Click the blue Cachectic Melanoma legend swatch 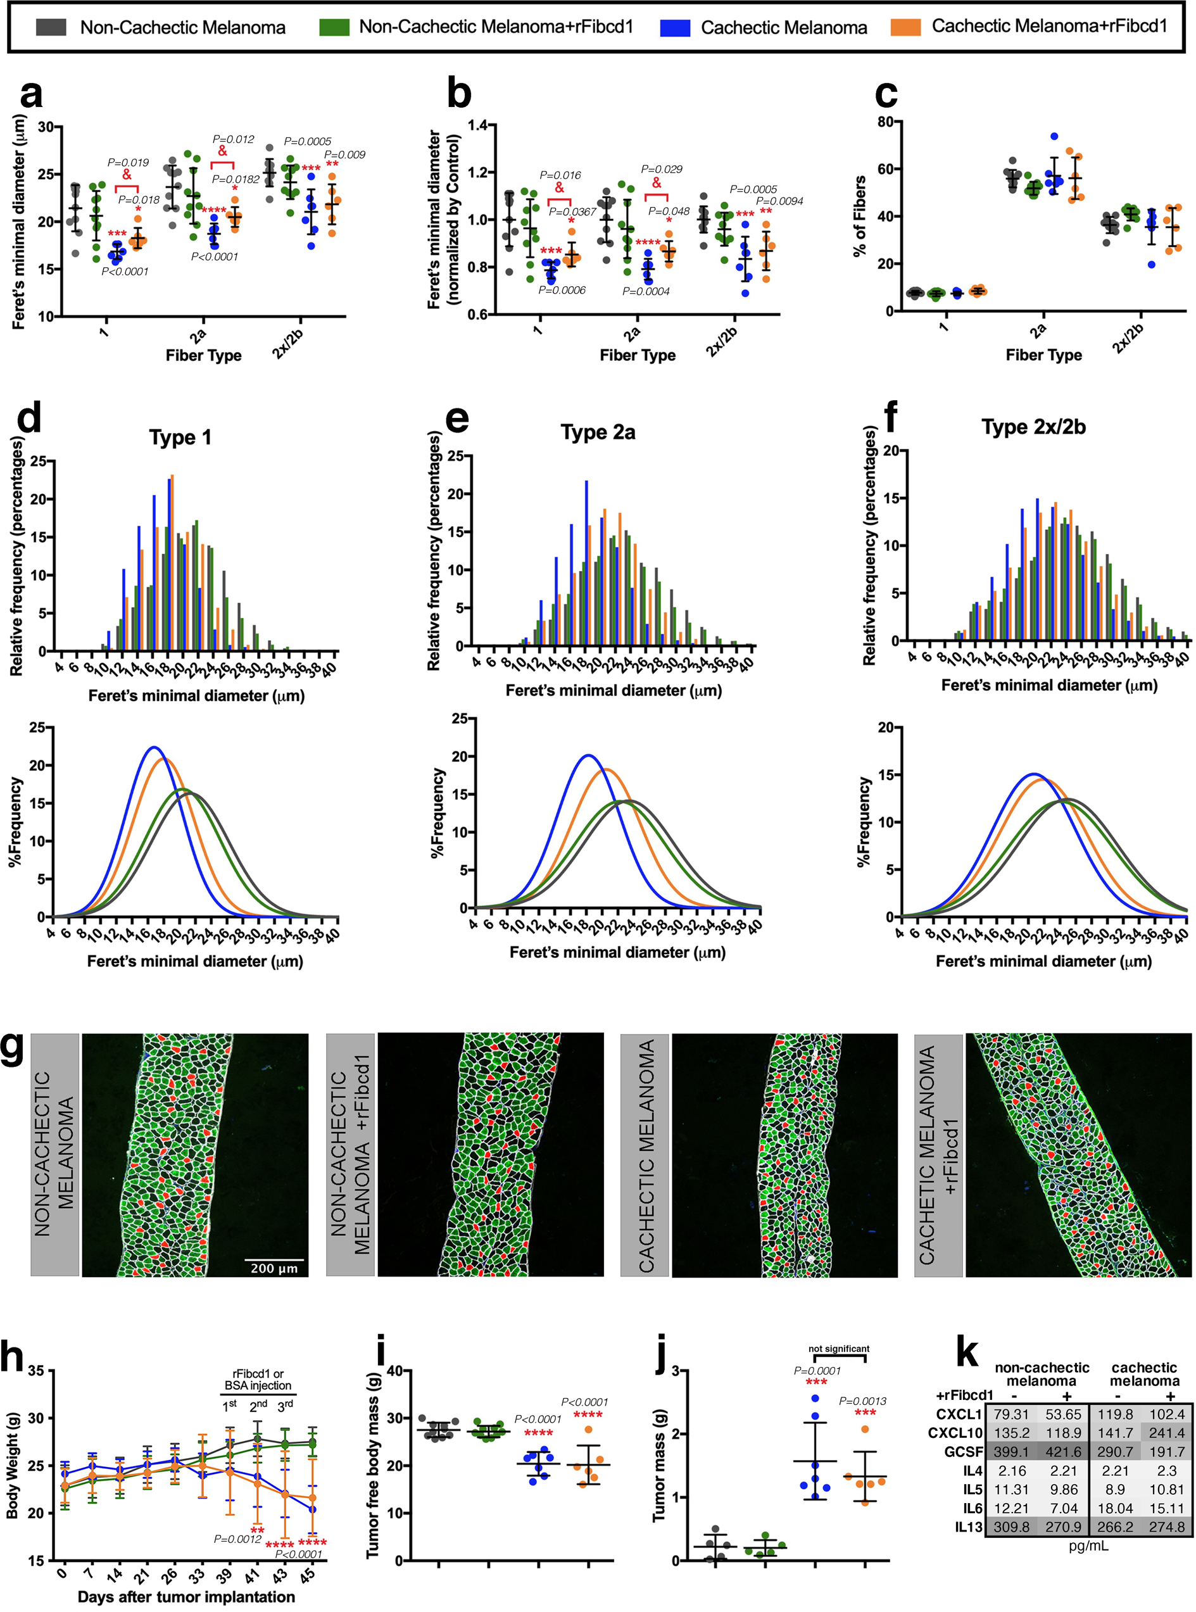pos(675,27)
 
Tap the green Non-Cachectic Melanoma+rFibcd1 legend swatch pos(334,27)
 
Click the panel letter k pos(967,1353)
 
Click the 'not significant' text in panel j pos(838,1349)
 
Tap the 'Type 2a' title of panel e pos(598,432)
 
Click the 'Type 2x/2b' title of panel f pos(1033,427)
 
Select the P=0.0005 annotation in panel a pos(307,141)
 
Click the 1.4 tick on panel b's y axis pos(477,125)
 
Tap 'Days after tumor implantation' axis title pos(186,1596)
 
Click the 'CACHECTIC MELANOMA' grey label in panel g pos(646,1155)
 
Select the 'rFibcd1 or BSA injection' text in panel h pos(258,1380)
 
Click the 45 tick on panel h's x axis pos(307,1575)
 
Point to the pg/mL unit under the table pos(1088,1546)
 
